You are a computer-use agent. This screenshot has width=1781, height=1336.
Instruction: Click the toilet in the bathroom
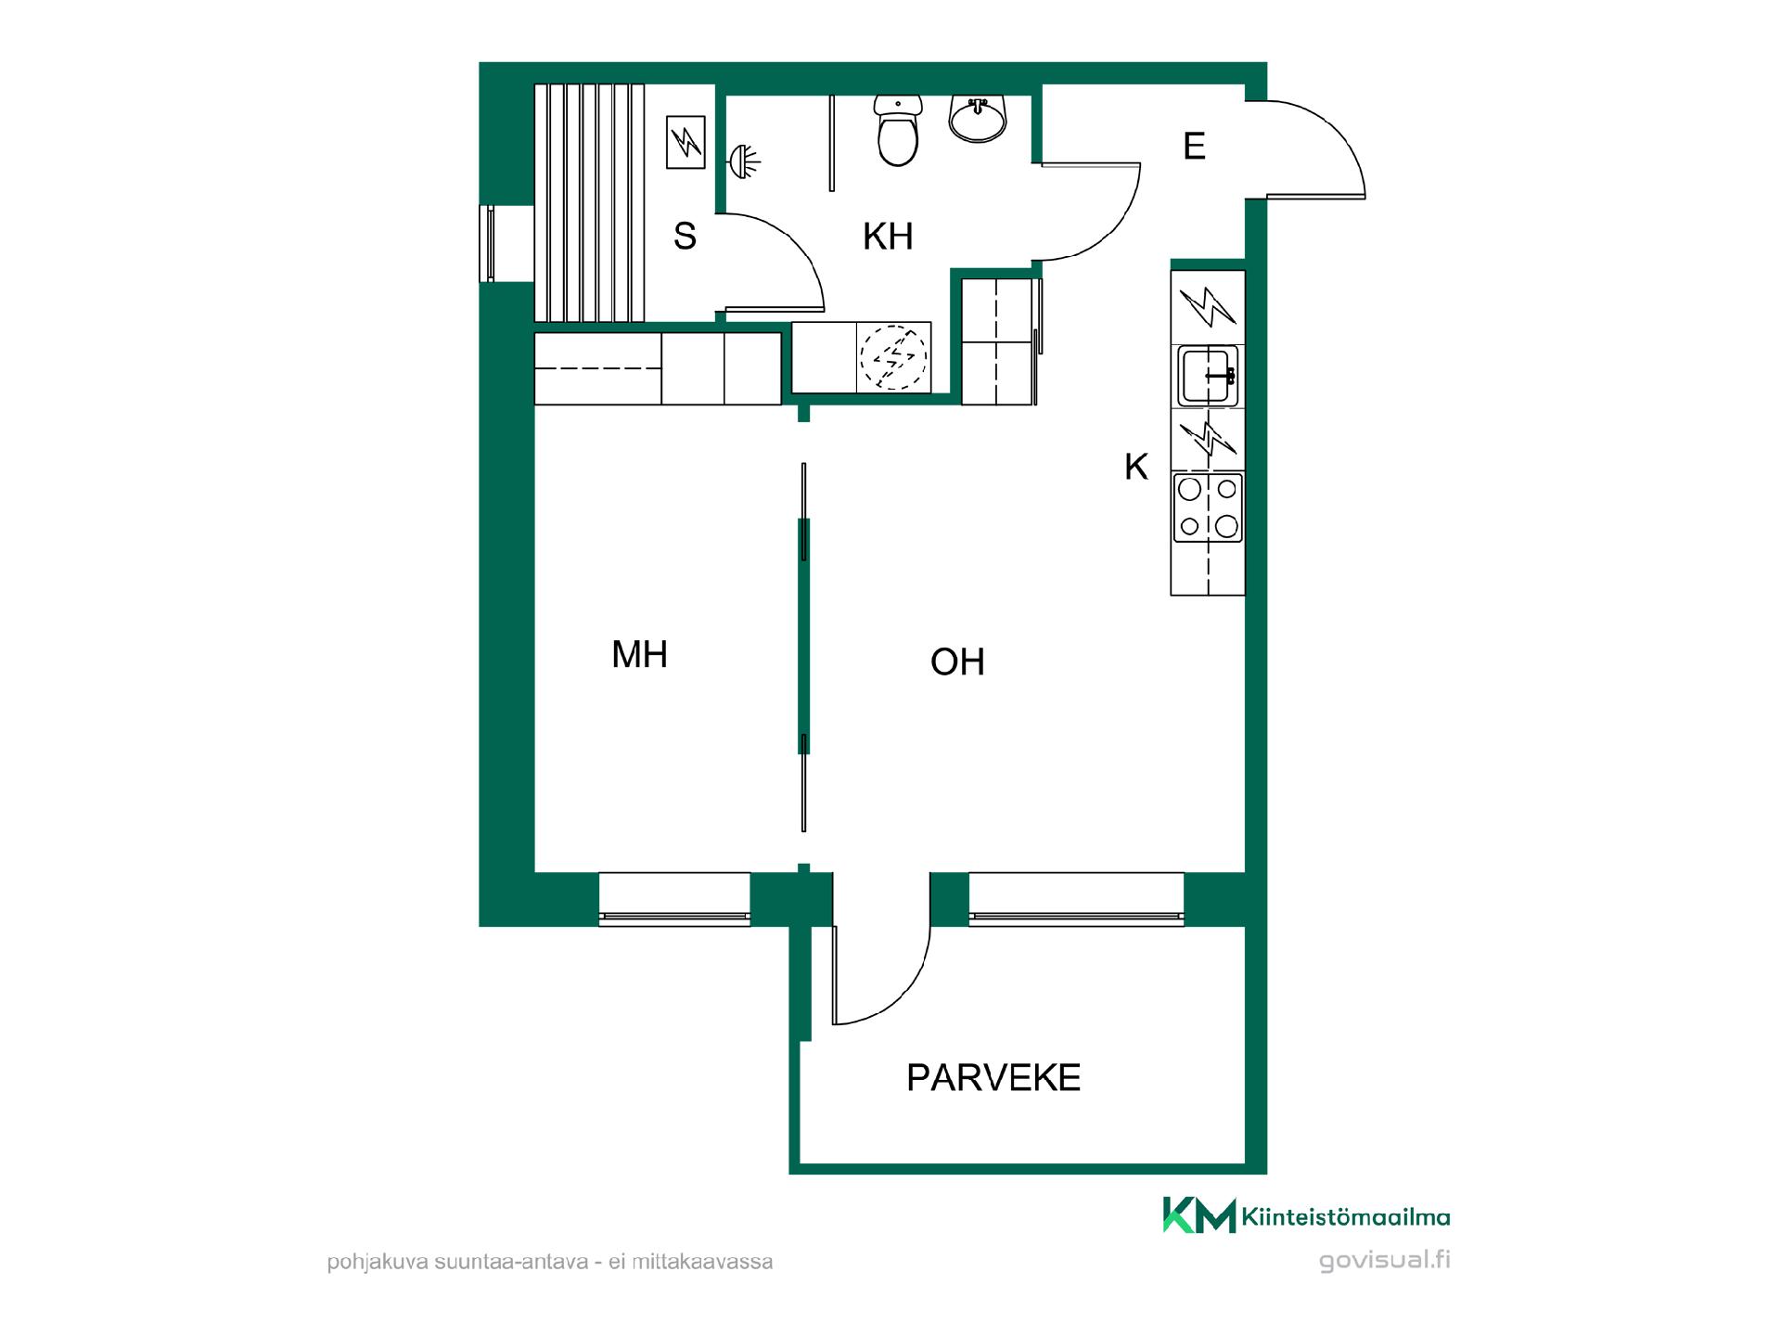pyautogui.click(x=897, y=131)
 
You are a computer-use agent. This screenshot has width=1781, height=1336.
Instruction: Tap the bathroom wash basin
pyautogui.click(x=978, y=119)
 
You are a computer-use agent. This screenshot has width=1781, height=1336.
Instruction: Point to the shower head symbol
pyautogui.click(x=744, y=161)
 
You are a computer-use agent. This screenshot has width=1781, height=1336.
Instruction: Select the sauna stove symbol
pyautogui.click(x=685, y=142)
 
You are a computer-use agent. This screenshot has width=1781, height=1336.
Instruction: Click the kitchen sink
pyautogui.click(x=1208, y=376)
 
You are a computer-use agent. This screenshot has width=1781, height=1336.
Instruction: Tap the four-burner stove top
pyautogui.click(x=1208, y=507)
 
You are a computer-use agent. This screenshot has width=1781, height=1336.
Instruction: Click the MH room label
pyautogui.click(x=639, y=655)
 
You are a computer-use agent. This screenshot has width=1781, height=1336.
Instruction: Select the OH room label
pyautogui.click(x=957, y=662)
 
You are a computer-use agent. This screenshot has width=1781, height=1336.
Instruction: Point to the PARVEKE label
pyautogui.click(x=993, y=1078)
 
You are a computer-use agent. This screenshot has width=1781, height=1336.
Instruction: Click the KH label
pyautogui.click(x=888, y=237)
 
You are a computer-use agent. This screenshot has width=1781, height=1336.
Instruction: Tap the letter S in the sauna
pyautogui.click(x=685, y=237)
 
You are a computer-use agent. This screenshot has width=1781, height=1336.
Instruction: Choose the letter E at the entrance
pyautogui.click(x=1194, y=147)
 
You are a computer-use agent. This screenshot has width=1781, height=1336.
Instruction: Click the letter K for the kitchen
pyautogui.click(x=1136, y=468)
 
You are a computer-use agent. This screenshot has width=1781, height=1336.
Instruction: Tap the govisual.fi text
pyautogui.click(x=1384, y=1261)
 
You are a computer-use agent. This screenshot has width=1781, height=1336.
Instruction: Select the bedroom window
pyautogui.click(x=674, y=899)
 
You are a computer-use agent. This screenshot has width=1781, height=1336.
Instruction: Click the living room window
pyautogui.click(x=1076, y=899)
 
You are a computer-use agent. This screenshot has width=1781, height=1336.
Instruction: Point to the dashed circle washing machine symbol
pyautogui.click(x=893, y=357)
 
